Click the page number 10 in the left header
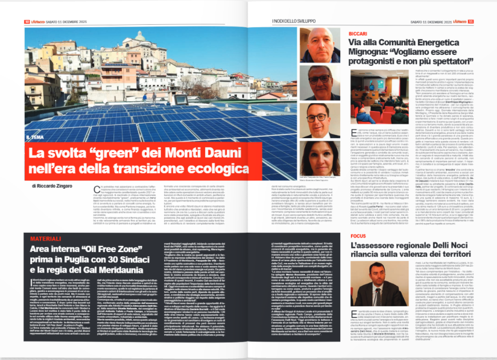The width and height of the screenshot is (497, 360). click(27, 22)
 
